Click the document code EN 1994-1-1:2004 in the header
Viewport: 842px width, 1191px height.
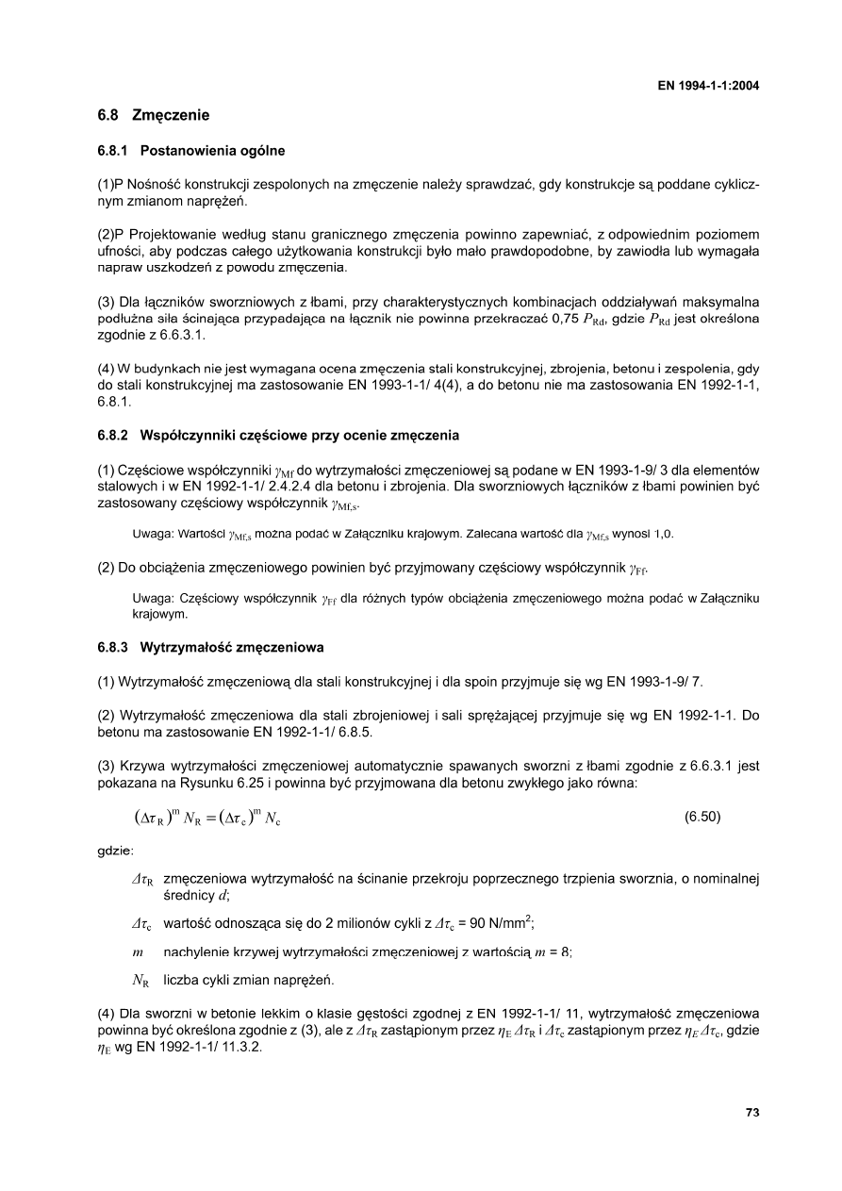point(708,86)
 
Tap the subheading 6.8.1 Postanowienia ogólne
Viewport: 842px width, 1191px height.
point(191,151)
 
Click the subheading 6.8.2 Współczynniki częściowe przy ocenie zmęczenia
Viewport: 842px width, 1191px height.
point(278,436)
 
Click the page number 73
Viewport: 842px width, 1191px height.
point(752,1113)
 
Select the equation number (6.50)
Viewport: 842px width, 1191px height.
point(702,818)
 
